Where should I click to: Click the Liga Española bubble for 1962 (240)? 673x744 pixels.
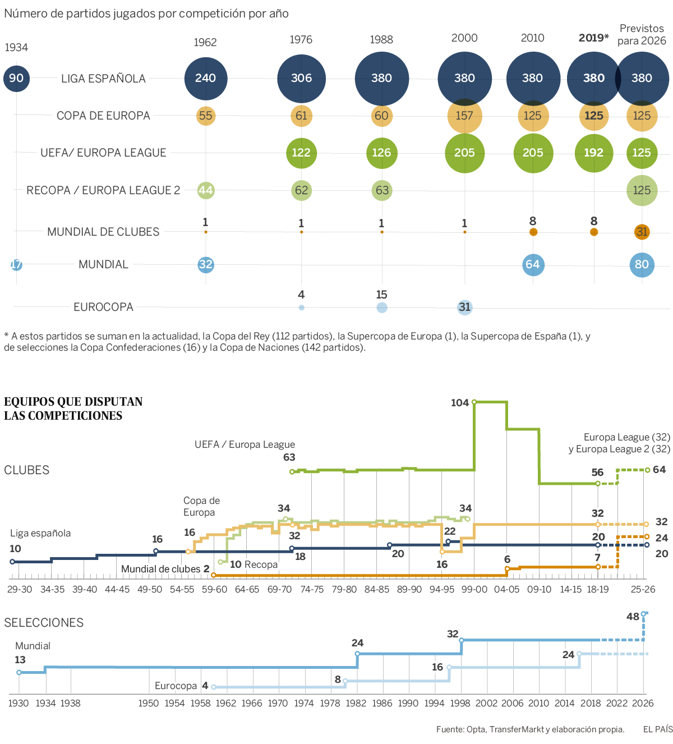(x=206, y=78)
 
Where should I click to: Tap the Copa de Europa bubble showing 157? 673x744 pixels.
(x=465, y=116)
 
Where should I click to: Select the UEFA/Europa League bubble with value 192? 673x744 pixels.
(x=594, y=153)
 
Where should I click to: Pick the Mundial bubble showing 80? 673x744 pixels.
(x=642, y=264)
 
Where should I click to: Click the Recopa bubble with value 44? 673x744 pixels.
(x=206, y=190)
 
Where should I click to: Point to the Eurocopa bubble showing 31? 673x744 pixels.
(x=464, y=307)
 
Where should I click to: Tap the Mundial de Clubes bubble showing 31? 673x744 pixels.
(x=642, y=232)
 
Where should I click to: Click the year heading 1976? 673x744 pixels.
(x=301, y=40)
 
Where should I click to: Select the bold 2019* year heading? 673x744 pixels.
(x=593, y=38)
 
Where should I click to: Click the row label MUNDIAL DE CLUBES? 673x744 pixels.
(x=103, y=232)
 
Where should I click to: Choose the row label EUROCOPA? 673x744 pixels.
(x=103, y=307)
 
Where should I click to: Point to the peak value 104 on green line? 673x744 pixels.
(x=460, y=403)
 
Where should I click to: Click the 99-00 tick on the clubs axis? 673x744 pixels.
(x=474, y=589)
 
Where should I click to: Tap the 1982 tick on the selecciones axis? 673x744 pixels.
(x=356, y=703)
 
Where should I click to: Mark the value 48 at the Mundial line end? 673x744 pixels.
(x=633, y=617)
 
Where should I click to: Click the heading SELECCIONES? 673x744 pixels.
(x=44, y=623)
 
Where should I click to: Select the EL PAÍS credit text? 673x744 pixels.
(x=658, y=729)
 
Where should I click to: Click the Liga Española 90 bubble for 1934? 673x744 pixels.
(x=16, y=78)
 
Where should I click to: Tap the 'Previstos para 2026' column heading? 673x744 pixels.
(x=642, y=35)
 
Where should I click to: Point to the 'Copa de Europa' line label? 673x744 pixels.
(x=201, y=506)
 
